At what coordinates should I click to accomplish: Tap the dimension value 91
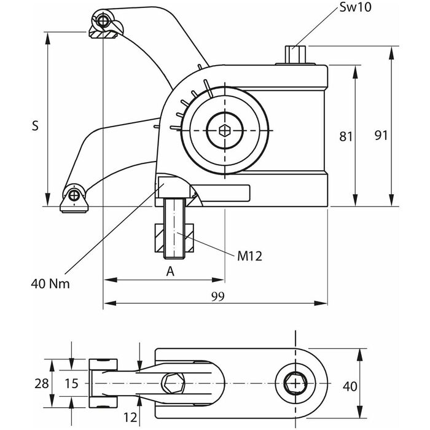[x=381, y=135]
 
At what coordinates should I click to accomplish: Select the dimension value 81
[x=346, y=136]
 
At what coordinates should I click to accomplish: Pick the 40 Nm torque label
[x=50, y=283]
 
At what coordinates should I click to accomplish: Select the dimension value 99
[x=217, y=295]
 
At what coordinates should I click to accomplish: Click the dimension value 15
[x=71, y=384]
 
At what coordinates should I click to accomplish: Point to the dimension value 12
[x=130, y=417]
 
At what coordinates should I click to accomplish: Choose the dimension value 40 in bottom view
[x=350, y=386]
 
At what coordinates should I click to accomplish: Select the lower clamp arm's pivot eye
[x=74, y=195]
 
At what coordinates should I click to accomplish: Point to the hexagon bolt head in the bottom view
[x=173, y=385]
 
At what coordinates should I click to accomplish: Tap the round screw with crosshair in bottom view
[x=297, y=384]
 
